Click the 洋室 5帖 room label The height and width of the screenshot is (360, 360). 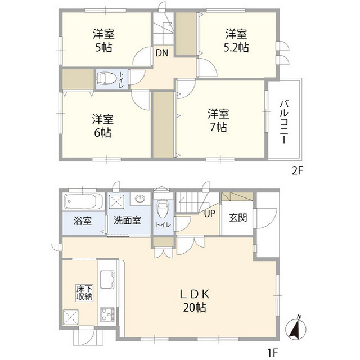point(103,40)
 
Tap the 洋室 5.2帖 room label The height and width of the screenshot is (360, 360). point(237,40)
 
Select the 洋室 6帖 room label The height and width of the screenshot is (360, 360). point(103,126)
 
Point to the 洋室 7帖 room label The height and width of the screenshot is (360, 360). point(218,119)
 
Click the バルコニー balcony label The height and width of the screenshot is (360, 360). point(285,121)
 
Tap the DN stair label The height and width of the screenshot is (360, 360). point(161,53)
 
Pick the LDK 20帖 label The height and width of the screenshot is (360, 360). point(195,300)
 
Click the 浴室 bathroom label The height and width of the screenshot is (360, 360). point(83,221)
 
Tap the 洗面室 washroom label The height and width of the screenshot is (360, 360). point(127,221)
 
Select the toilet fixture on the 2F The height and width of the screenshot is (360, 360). point(107,79)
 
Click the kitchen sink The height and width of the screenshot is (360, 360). point(107,278)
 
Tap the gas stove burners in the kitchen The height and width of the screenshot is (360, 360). point(107,314)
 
